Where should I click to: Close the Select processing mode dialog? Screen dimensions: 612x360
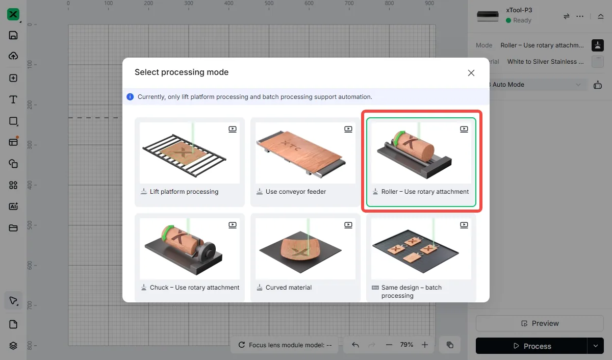click(471, 73)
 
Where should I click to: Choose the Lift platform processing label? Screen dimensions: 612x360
click(184, 191)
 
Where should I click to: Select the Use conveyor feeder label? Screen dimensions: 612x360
click(296, 191)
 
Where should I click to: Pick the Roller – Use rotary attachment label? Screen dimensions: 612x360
click(425, 191)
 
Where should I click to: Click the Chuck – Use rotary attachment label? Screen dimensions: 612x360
click(194, 288)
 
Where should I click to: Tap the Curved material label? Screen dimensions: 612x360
click(289, 288)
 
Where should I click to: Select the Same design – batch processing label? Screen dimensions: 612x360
click(411, 292)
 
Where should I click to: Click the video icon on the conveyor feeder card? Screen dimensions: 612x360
click(348, 129)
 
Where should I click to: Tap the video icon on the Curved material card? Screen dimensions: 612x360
click(348, 225)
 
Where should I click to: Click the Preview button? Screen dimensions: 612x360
click(540, 323)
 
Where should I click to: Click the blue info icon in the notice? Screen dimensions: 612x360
click(130, 97)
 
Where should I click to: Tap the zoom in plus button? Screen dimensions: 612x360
click(424, 345)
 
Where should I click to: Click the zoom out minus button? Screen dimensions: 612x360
click(389, 345)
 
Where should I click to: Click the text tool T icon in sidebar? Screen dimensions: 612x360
click(13, 99)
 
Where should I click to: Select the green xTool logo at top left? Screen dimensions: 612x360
click(13, 14)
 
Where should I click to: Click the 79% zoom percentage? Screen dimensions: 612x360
click(406, 345)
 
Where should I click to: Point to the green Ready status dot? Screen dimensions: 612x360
click(508, 20)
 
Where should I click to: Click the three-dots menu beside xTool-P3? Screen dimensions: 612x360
click(580, 16)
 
